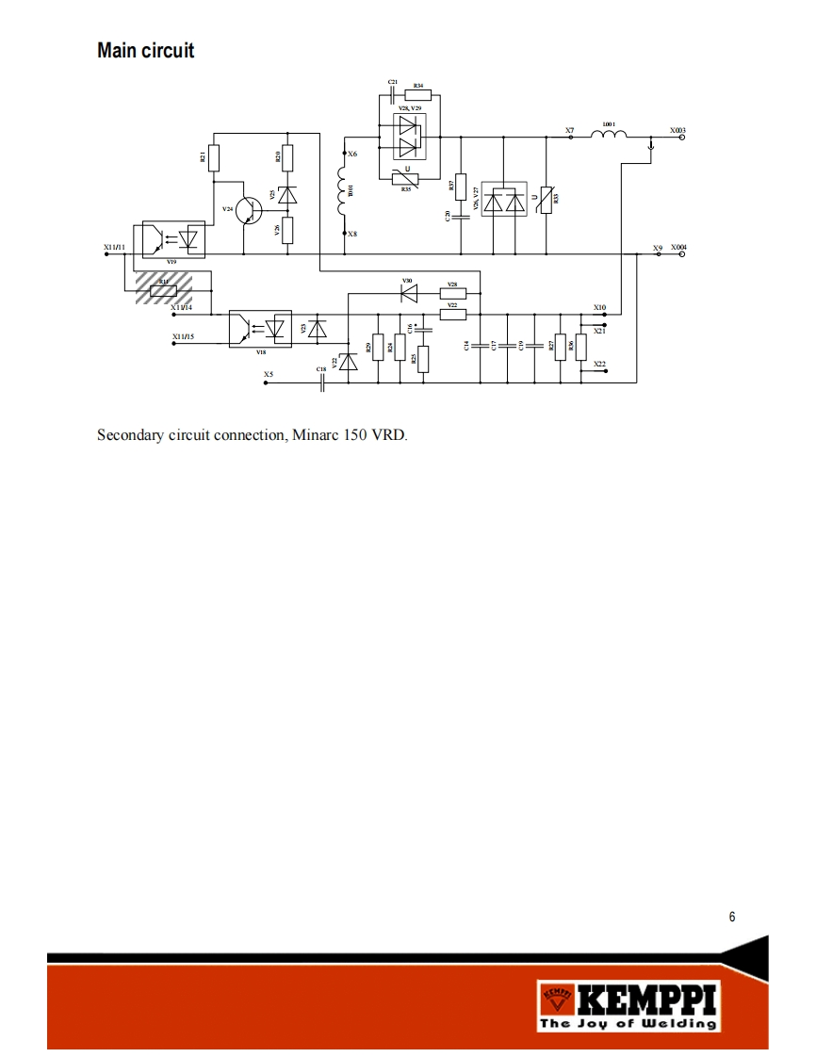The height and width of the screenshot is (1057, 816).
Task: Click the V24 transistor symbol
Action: pyautogui.click(x=249, y=210)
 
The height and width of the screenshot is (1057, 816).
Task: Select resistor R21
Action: pyautogui.click(x=214, y=157)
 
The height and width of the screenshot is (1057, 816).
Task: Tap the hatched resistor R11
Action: pyautogui.click(x=163, y=288)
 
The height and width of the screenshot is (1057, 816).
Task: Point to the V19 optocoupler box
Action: pyautogui.click(x=171, y=239)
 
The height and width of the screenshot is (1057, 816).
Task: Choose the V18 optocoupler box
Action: pyautogui.click(x=260, y=328)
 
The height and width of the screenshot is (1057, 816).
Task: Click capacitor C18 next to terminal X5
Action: pyautogui.click(x=323, y=383)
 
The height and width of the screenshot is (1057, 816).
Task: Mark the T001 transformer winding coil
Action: pyautogui.click(x=342, y=192)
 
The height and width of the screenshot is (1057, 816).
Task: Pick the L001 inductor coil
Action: pyautogui.click(x=609, y=137)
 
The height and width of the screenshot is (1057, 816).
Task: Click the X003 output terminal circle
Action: pyautogui.click(x=682, y=138)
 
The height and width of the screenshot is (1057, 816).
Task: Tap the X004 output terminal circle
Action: pyautogui.click(x=682, y=253)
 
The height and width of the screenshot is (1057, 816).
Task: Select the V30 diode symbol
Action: pyautogui.click(x=408, y=293)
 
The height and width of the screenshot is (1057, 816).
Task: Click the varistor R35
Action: pyautogui.click(x=406, y=178)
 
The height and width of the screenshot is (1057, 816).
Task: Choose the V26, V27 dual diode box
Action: pyautogui.click(x=505, y=200)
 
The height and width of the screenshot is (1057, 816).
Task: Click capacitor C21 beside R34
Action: pyautogui.click(x=393, y=95)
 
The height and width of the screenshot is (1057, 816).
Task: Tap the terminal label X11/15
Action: pyautogui.click(x=183, y=336)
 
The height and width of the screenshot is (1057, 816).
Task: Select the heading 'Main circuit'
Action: pyautogui.click(x=146, y=50)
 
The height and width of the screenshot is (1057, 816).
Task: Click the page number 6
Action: pyautogui.click(x=732, y=918)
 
